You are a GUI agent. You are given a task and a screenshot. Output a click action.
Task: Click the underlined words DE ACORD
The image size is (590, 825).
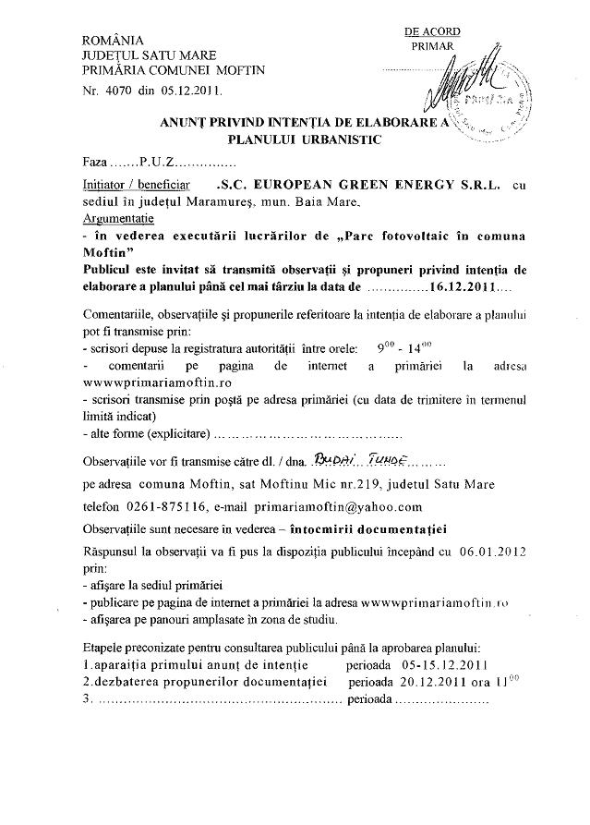click(432, 30)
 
